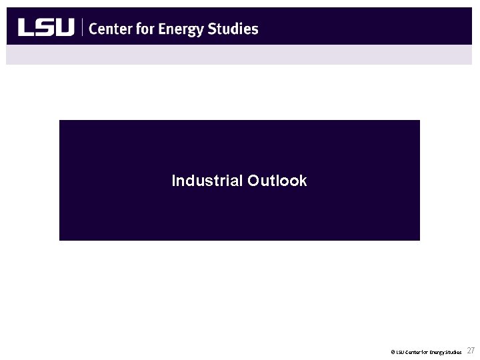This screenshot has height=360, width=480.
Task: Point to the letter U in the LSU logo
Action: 64,27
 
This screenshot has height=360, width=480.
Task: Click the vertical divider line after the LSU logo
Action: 82,27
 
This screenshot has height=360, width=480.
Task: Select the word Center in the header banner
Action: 110,28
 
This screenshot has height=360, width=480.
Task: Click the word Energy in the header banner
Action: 177,29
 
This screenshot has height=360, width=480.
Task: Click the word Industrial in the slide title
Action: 207,181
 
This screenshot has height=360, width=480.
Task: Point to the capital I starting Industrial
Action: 173,181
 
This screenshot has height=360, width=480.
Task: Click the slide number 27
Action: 471,351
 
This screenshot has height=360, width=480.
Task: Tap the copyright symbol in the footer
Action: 393,351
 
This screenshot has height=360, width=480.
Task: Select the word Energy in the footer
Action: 437,351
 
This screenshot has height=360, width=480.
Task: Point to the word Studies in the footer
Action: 453,351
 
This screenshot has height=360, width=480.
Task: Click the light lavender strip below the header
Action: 240,55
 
